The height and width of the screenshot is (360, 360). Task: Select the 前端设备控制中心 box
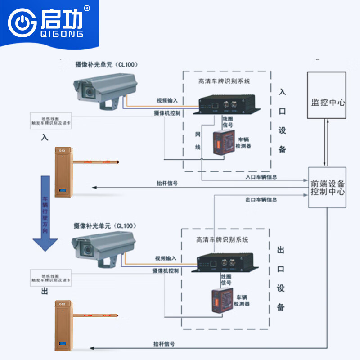click(328, 187)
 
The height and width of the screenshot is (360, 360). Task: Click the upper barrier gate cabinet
click(63, 172)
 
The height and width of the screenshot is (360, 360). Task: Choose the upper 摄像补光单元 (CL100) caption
click(106, 64)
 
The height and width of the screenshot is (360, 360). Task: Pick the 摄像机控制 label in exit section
click(166, 270)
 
